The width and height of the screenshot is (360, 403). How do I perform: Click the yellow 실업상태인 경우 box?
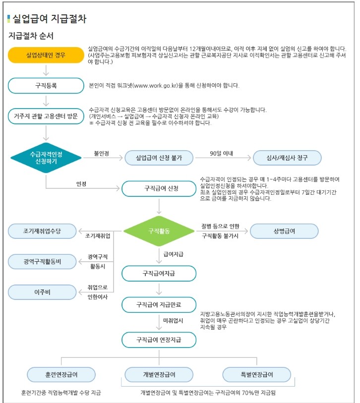click(x=46, y=55)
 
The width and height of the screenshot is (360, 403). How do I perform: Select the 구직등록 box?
click(x=46, y=85)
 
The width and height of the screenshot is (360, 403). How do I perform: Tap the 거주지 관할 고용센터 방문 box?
click(x=46, y=116)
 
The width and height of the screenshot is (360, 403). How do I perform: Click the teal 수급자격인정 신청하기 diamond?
click(x=46, y=158)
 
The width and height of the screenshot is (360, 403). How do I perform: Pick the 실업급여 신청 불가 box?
click(x=159, y=158)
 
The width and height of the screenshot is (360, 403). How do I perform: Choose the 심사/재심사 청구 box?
click(x=287, y=158)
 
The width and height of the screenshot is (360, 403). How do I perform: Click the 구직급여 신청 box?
click(x=159, y=189)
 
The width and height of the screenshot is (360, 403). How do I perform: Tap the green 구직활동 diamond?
click(x=159, y=231)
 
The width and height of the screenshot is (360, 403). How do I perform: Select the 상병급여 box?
click(x=284, y=231)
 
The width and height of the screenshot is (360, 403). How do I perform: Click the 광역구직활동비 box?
click(x=42, y=261)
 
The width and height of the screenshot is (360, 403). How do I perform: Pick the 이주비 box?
click(x=42, y=292)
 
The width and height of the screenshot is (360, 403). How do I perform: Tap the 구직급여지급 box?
click(x=159, y=273)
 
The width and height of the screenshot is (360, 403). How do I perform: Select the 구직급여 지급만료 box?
click(x=159, y=304)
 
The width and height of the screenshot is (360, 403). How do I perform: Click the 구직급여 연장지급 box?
click(x=159, y=340)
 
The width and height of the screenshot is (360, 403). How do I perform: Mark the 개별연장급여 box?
click(x=158, y=374)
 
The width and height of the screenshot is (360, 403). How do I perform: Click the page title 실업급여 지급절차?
click(x=49, y=19)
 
